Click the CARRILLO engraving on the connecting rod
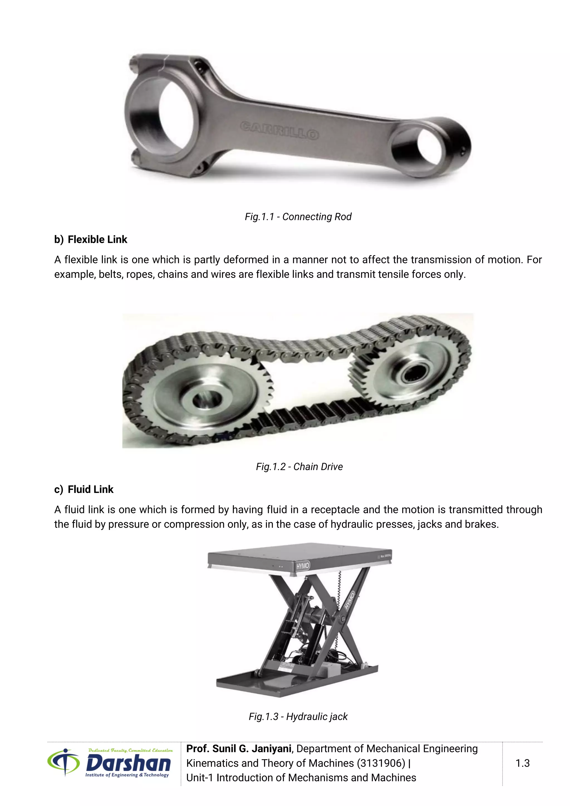(x=279, y=131)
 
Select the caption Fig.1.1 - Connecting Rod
(x=298, y=217)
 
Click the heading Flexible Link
(x=97, y=239)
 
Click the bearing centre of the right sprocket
(x=415, y=373)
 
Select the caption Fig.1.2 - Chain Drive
(x=299, y=466)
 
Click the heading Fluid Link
(x=90, y=489)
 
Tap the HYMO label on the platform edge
(x=303, y=566)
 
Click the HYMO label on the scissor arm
(x=349, y=600)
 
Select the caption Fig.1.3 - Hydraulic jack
(x=298, y=716)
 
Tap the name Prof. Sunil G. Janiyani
(x=239, y=749)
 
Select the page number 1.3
(x=522, y=763)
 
